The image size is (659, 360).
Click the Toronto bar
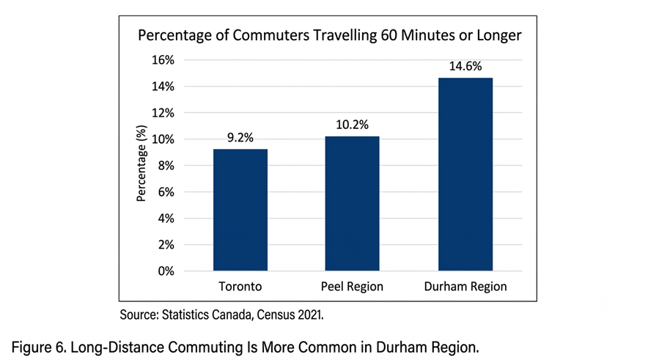coord(240,210)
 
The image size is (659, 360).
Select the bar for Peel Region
coord(352,204)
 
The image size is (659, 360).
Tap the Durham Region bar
coord(465,174)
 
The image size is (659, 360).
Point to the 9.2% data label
coord(240,138)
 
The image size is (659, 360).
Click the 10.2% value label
coord(352,125)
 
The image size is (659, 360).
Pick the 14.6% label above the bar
coord(465,67)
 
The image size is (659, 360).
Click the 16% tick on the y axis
coord(163,60)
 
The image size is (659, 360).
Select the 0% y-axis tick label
coord(166,271)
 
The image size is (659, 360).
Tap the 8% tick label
coord(166,166)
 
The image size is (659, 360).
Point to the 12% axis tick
coord(163,113)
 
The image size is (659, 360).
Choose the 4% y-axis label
coord(166,218)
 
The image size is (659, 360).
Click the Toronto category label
coord(240,287)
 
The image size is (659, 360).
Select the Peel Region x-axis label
coord(352,287)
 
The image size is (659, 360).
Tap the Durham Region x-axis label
coord(465,287)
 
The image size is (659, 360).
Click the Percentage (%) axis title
coord(141,164)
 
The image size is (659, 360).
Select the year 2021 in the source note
coord(311,315)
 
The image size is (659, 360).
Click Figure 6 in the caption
coord(38,348)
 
